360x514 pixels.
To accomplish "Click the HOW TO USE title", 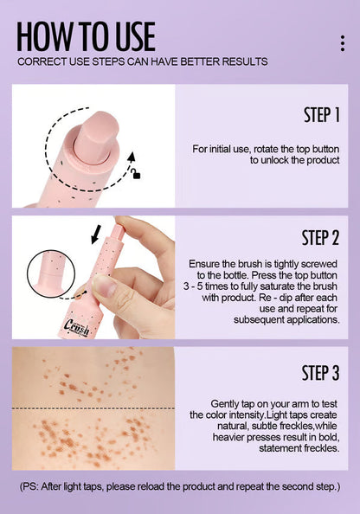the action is pyautogui.click(x=86, y=36).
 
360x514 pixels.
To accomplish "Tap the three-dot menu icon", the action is pyautogui.click(x=343, y=43).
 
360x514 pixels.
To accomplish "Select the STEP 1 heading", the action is pyautogui.click(x=322, y=115).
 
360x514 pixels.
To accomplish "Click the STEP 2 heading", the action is pyautogui.click(x=320, y=238).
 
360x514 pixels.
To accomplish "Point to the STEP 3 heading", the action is pyautogui.click(x=320, y=373).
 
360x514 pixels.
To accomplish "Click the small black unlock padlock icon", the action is pyautogui.click(x=136, y=174).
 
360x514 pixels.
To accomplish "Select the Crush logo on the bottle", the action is pyautogui.click(x=76, y=327).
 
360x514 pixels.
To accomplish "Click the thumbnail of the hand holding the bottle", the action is pyautogui.click(x=93, y=277).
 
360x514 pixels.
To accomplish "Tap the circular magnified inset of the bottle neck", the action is pyautogui.click(x=51, y=274).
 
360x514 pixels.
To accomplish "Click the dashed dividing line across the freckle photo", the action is pyautogui.click(x=93, y=408).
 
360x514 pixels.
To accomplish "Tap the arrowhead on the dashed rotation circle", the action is pyautogui.click(x=132, y=157).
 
